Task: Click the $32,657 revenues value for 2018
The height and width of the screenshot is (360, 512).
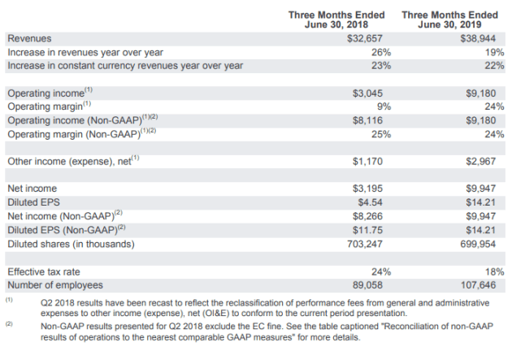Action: point(364,38)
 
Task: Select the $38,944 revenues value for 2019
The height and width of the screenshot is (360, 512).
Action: point(478,38)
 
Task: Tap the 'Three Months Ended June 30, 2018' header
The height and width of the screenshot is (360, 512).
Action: point(336,20)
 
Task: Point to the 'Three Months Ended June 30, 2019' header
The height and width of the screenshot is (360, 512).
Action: point(449,20)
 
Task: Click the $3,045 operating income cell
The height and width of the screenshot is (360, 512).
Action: point(367,93)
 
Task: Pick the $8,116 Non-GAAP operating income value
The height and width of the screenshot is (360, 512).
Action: point(367,120)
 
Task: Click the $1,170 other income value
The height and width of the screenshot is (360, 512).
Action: point(367,161)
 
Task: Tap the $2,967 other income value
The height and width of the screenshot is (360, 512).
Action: point(480,161)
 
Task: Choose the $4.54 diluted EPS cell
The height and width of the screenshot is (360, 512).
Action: point(370,202)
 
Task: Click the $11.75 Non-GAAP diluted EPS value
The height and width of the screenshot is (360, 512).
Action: point(367,230)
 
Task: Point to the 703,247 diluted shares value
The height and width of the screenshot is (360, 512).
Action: point(364,244)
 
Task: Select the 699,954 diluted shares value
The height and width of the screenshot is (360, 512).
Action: point(478,244)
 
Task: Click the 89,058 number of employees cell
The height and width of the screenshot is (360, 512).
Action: point(367,285)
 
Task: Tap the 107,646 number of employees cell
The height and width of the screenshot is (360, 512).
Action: point(478,285)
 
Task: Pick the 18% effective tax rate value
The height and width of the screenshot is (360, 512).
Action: point(494,271)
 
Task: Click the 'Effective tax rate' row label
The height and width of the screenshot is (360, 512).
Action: point(43,272)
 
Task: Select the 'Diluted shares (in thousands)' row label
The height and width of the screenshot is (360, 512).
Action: point(71,244)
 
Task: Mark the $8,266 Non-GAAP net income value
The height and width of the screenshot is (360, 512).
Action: point(367,216)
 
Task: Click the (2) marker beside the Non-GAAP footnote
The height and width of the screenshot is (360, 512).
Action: point(9,323)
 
